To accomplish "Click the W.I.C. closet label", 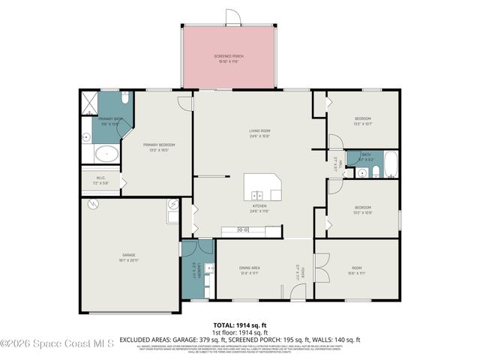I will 100,180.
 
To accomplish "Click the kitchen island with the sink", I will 262,187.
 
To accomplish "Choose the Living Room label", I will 259,133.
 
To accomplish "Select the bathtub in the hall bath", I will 389,163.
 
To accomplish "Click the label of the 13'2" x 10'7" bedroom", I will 362,121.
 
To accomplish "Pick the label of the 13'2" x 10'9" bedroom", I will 363,209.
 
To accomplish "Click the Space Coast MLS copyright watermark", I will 58,344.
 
